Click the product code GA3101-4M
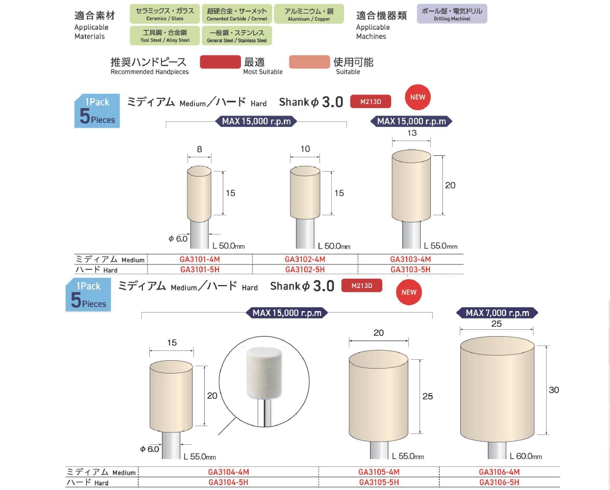click(x=200, y=259)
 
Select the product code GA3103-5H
click(x=410, y=269)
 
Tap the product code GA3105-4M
click(x=379, y=472)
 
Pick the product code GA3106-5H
click(x=499, y=482)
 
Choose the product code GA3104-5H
click(x=228, y=482)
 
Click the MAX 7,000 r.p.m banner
click(x=497, y=313)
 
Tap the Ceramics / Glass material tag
click(x=165, y=14)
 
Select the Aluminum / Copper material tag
click(x=309, y=14)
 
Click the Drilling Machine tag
click(x=452, y=14)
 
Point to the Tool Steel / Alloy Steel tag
click(x=165, y=36)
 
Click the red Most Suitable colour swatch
click(x=220, y=62)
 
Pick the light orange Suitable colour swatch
click(x=309, y=62)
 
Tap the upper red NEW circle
click(x=418, y=97)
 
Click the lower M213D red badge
click(x=362, y=286)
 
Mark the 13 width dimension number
click(x=412, y=133)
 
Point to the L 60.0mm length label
click(x=526, y=456)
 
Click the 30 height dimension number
click(x=554, y=390)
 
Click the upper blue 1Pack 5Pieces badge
click(x=97, y=111)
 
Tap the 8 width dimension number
click(x=199, y=149)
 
